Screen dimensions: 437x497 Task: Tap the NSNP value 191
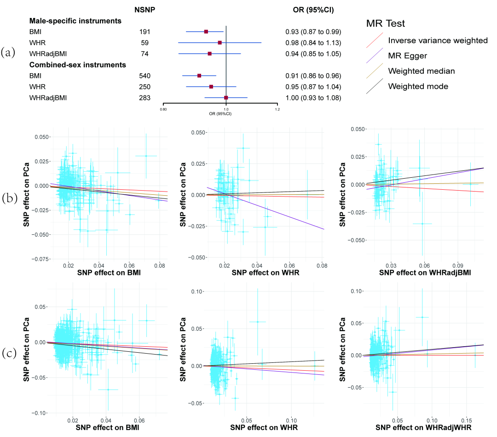pos(145,32)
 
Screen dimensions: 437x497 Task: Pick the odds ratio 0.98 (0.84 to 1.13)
pos(312,43)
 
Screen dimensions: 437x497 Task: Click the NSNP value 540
pos(145,76)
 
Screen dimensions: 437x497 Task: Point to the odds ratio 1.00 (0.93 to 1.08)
pos(312,98)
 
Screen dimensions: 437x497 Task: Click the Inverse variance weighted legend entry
pos(438,41)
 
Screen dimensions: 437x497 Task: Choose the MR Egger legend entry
pos(407,56)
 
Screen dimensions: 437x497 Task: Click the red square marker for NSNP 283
pos(226,98)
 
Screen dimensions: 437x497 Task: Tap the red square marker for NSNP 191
pos(206,32)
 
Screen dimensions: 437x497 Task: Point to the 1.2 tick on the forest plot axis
pos(277,109)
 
